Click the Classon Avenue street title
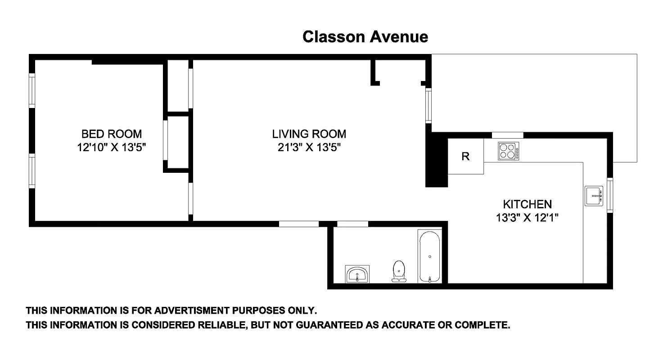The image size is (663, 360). point(365,36)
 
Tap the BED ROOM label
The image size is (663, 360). point(111,134)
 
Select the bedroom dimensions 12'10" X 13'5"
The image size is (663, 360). point(111,147)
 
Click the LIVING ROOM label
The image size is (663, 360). point(309,134)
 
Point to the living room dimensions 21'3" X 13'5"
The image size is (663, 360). point(309,147)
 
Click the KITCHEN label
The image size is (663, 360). point(527,204)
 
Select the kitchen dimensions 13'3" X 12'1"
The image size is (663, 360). point(527,218)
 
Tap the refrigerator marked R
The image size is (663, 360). point(466,156)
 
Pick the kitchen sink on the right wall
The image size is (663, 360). point(594,196)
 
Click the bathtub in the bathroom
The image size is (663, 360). point(430,256)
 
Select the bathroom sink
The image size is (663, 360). point(357,274)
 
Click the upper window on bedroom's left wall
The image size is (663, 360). point(32,90)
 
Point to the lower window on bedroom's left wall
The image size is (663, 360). point(32,171)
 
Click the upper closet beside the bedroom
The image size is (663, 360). point(178,85)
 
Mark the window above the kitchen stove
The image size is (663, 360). point(507,135)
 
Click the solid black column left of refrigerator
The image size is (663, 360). point(436,162)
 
